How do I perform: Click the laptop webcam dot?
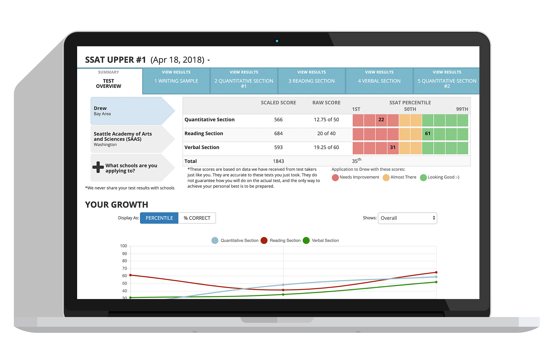coord(277,41)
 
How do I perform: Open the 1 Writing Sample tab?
coord(176,81)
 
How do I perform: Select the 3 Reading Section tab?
coord(311,81)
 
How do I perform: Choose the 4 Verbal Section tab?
coord(379,81)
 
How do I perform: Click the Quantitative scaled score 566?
coord(278,120)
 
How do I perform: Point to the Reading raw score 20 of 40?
coord(326,134)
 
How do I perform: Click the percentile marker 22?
coord(381,120)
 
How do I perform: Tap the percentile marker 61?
coord(428,134)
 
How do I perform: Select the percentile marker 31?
coord(393,147)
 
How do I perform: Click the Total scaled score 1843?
coord(278,161)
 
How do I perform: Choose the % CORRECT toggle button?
coord(197,218)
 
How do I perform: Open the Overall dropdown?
coord(407,218)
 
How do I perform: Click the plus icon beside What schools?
coord(98,167)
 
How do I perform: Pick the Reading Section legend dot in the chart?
coord(264,241)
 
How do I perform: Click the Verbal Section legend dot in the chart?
coord(306,241)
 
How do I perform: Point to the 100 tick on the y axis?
coord(123,246)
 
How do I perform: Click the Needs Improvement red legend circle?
coord(335,177)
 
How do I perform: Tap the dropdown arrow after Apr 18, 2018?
coord(209,60)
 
